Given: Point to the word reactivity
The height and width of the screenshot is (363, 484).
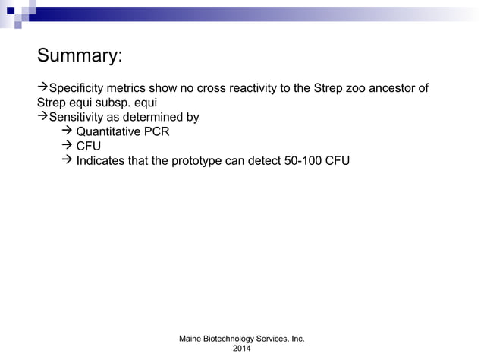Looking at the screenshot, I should point(247,89).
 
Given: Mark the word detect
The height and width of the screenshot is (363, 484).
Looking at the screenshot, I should point(269,161).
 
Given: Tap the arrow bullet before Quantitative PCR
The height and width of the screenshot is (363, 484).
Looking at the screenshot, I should point(66,132).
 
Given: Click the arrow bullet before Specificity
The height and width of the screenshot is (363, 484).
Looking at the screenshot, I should point(42,89).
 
